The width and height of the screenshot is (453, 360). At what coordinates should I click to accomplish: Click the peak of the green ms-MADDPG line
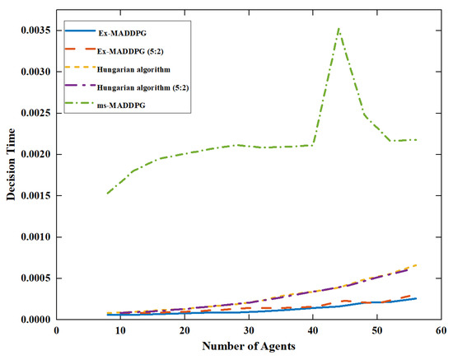click(339, 28)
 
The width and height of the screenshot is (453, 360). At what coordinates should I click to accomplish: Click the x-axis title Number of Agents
click(248, 347)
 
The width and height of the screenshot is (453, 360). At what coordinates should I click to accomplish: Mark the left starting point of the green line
click(108, 194)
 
